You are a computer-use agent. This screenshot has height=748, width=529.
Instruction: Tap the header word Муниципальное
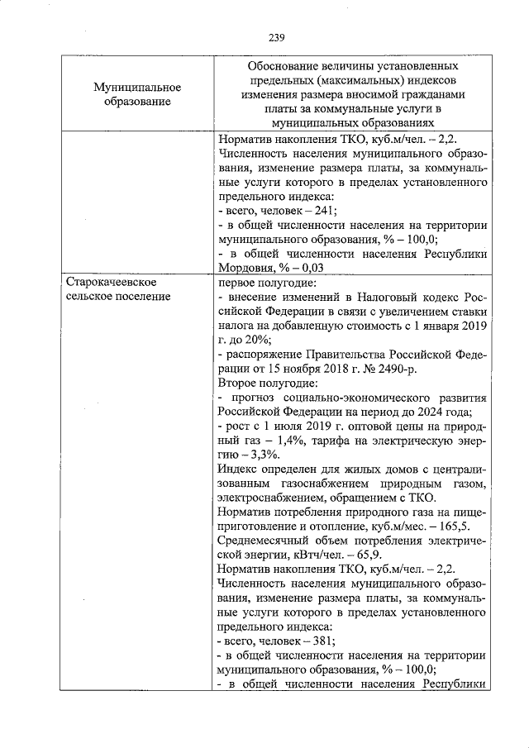tap(137, 87)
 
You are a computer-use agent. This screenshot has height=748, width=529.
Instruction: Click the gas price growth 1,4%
tap(278, 441)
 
